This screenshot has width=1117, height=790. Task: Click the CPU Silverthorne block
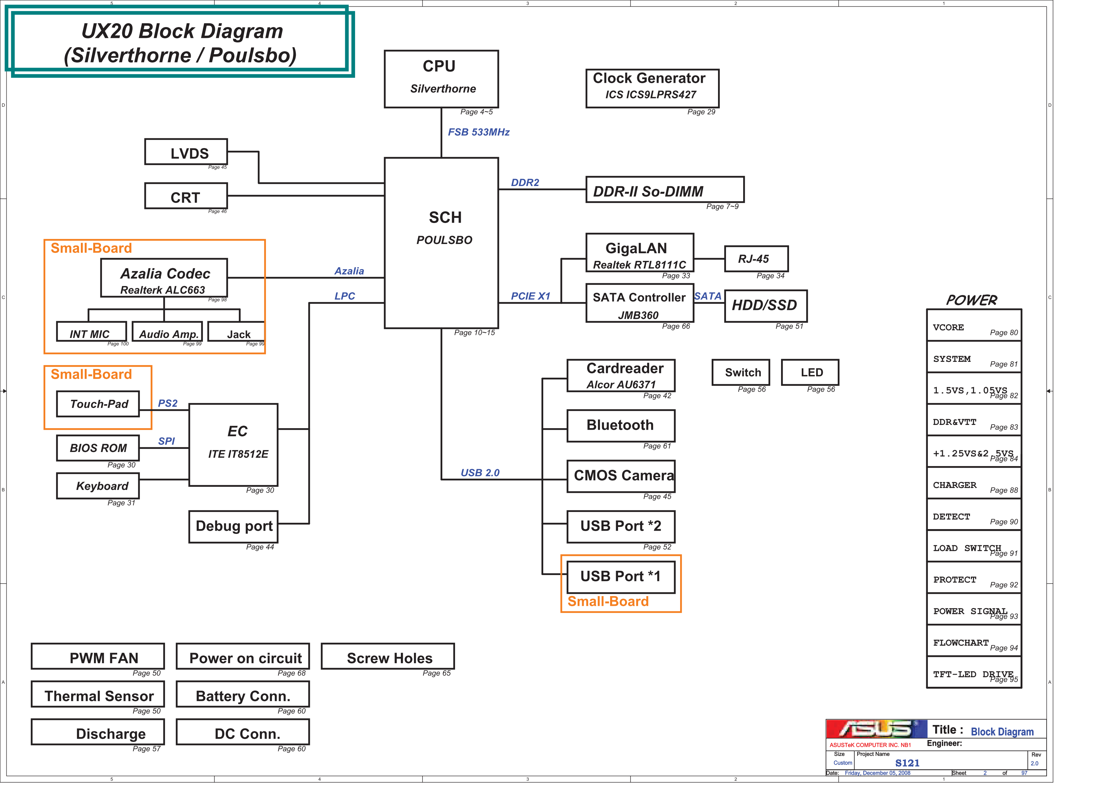click(x=441, y=79)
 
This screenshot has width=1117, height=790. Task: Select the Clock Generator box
click(x=652, y=88)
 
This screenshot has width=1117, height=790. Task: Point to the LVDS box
click(x=186, y=152)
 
